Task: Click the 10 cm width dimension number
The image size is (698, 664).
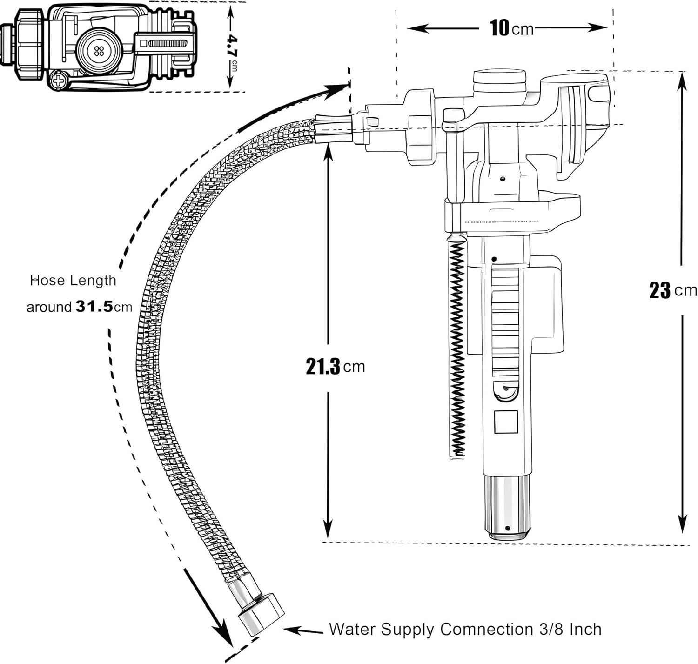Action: [499, 28]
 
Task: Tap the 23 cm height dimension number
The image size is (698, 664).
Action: [660, 290]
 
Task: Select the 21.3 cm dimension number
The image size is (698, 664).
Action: [323, 367]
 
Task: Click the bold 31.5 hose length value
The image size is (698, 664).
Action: [94, 307]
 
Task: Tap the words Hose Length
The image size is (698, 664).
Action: [73, 281]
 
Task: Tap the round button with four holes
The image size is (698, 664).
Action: [99, 51]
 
